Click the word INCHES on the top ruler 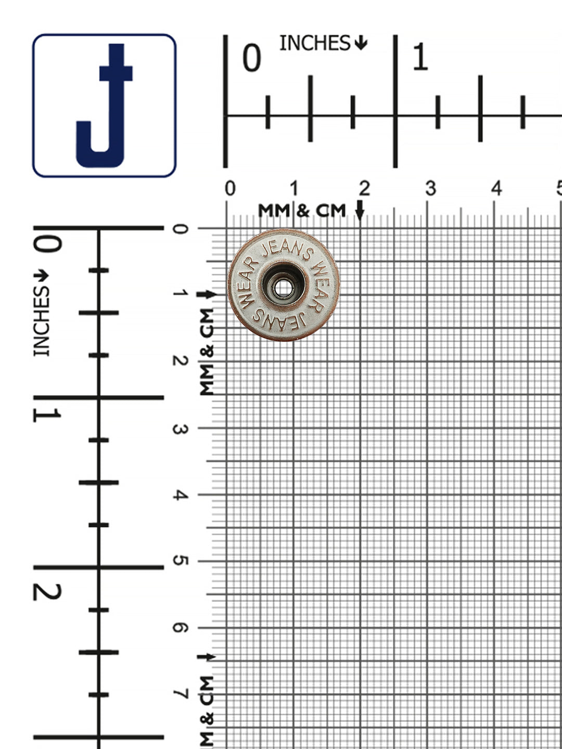pyautogui.click(x=315, y=43)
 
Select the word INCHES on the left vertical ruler pyautogui.click(x=42, y=321)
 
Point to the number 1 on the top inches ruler pyautogui.click(x=420, y=57)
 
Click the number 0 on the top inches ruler pyautogui.click(x=252, y=58)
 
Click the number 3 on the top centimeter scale pyautogui.click(x=431, y=188)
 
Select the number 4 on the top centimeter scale pyautogui.click(x=497, y=188)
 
